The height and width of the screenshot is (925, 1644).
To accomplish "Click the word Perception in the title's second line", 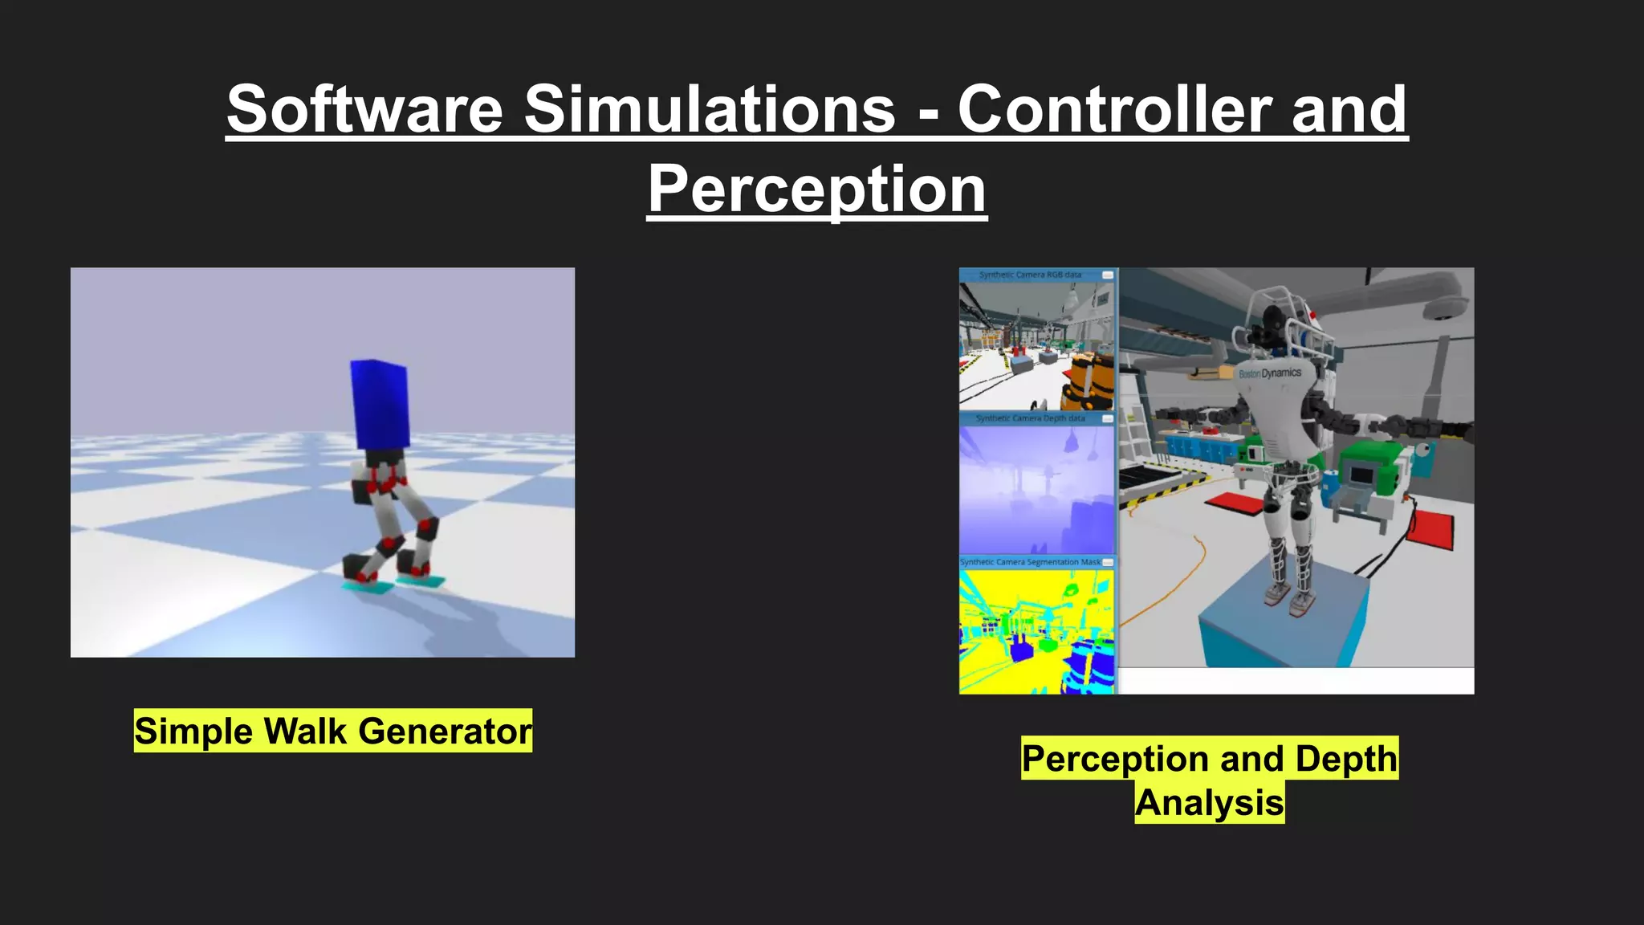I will tap(816, 189).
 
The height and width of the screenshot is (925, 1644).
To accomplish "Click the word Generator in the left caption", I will tap(445, 731).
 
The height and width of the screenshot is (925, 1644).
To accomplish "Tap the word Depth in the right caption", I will tap(1345, 759).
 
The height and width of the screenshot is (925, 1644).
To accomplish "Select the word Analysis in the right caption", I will tap(1210, 803).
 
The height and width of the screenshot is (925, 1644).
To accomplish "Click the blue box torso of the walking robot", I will tap(380, 405).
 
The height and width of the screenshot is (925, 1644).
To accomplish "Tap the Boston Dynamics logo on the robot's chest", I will tap(1270, 374).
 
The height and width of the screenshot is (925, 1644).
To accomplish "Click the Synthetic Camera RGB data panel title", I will tap(1030, 275).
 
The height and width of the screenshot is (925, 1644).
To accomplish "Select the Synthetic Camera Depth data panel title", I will tap(1030, 418).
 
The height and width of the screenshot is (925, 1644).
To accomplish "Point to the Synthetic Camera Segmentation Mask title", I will tap(1030, 562).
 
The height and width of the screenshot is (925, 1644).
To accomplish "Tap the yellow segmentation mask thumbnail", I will tap(1036, 630).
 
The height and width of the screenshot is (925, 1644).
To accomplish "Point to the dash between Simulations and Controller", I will tap(928, 113).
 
